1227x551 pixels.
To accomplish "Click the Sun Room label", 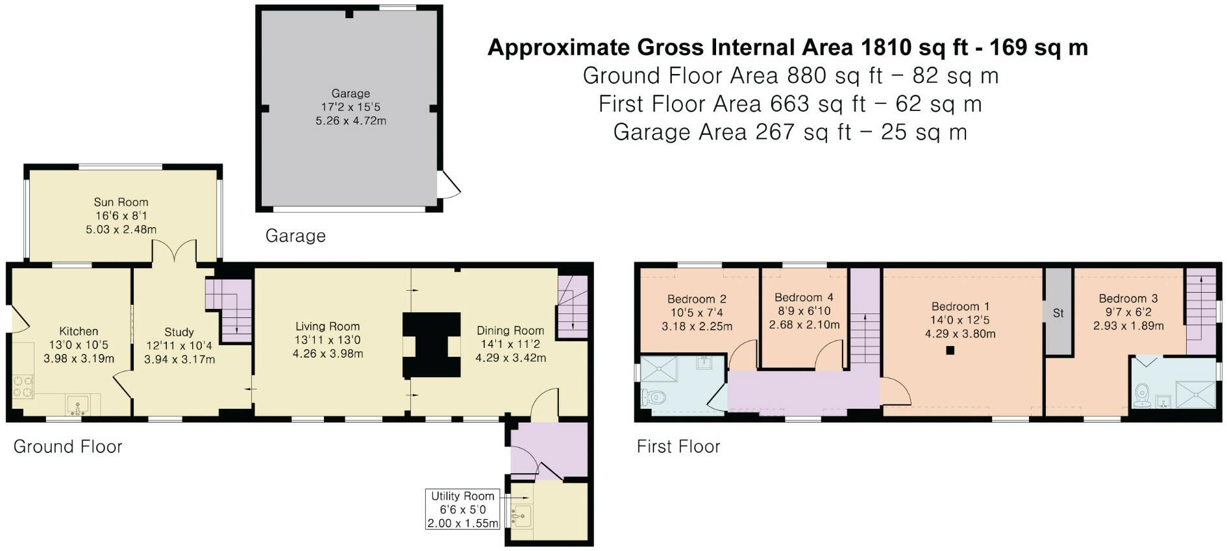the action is pos(121,202).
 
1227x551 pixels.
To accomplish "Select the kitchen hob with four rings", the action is pos(23,387).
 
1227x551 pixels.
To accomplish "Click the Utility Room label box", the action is pos(463,509).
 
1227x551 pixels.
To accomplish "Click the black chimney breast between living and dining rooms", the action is pos(431,345).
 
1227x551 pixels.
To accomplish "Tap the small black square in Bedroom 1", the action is pos(950,350).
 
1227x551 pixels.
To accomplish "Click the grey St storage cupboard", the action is pos(1058,312).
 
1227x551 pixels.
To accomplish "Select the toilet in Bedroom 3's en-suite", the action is pos(1143,393).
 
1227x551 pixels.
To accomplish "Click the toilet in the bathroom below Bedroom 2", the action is pos(653,397).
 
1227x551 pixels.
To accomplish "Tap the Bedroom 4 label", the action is pos(804,297).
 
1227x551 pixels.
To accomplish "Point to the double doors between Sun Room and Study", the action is pos(174,251).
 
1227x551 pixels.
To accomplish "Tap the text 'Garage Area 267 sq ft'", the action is pos(732,132).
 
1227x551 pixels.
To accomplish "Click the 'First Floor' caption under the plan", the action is pos(678,447).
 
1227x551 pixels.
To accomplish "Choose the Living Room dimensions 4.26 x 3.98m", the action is pos(328,354).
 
